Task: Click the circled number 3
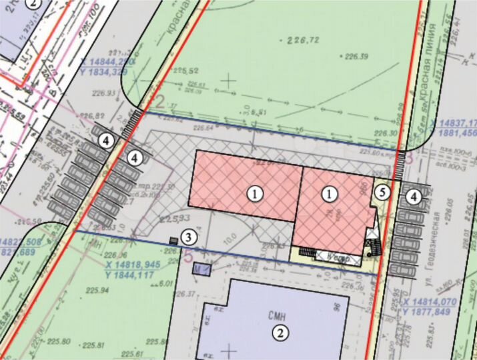pyautogui.click(x=189, y=237)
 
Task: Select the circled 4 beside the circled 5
pyautogui.click(x=415, y=197)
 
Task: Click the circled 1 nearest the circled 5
pyautogui.click(x=329, y=195)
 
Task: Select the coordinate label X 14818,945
pyautogui.click(x=133, y=264)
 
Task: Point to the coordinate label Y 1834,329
pyautogui.click(x=107, y=71)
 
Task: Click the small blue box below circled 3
pyautogui.click(x=201, y=269)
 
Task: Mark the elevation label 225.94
pyautogui.click(x=96, y=291)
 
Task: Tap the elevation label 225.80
pyautogui.click(x=59, y=342)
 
